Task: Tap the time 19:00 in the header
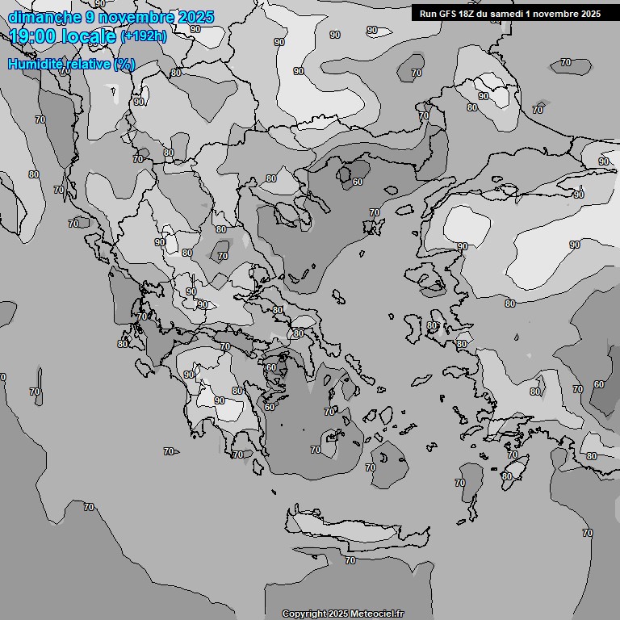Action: (x=32, y=36)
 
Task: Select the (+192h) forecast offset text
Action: (x=144, y=36)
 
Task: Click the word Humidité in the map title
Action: (x=35, y=64)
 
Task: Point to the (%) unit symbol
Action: (x=124, y=64)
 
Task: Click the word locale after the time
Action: (x=88, y=36)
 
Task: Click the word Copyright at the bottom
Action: (x=304, y=614)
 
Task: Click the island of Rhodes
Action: (x=513, y=469)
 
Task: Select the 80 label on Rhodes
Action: (x=506, y=476)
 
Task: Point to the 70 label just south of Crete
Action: (x=350, y=559)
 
